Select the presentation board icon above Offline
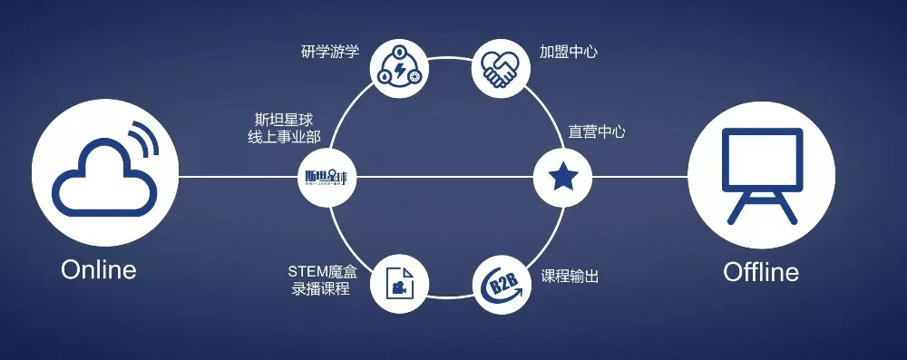point(759,174)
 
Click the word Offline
point(760,272)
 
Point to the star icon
point(561,176)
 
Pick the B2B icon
point(499,283)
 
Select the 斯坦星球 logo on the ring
point(328,176)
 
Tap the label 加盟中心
point(568,52)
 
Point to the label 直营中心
point(597,131)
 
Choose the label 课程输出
point(570,276)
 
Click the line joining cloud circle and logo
point(240,176)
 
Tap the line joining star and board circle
point(639,176)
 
